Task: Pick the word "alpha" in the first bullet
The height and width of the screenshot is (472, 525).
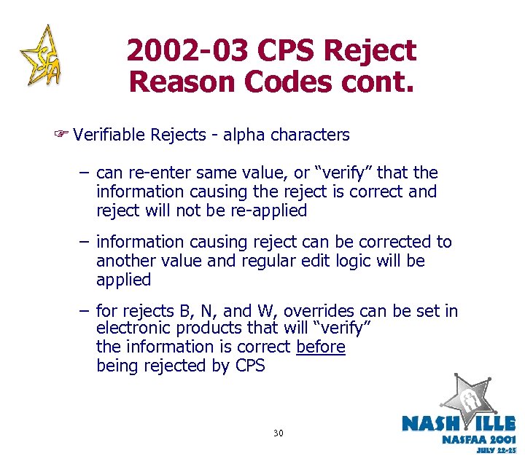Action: (x=245, y=135)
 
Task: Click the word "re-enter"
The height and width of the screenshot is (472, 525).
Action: (x=157, y=173)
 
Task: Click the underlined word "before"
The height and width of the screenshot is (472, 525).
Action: (x=321, y=347)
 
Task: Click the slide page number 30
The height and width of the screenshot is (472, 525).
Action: (x=278, y=433)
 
